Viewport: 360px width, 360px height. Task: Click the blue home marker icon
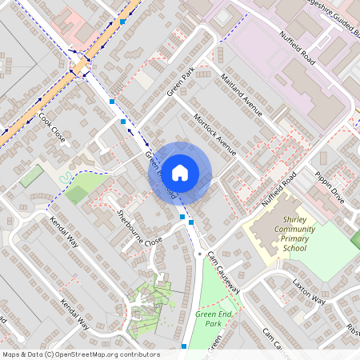coord(180,172)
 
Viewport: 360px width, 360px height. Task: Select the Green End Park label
coord(214,319)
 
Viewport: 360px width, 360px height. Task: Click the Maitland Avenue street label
coord(241,95)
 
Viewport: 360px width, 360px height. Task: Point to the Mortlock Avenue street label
coord(216,134)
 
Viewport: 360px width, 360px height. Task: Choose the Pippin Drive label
coord(329,187)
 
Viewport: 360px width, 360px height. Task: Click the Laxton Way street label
coord(309,293)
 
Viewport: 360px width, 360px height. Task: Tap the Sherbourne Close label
coord(140,228)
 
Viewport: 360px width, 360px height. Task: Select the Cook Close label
coord(52,127)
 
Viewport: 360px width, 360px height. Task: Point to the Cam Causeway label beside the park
coord(223,269)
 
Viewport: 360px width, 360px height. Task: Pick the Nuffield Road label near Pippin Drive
coord(278,189)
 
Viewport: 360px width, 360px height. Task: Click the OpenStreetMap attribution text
coord(80,354)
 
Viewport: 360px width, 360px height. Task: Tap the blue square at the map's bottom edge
coord(185,346)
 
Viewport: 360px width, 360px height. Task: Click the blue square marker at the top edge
coord(122,22)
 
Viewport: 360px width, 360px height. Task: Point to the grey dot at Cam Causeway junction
coord(199,254)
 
